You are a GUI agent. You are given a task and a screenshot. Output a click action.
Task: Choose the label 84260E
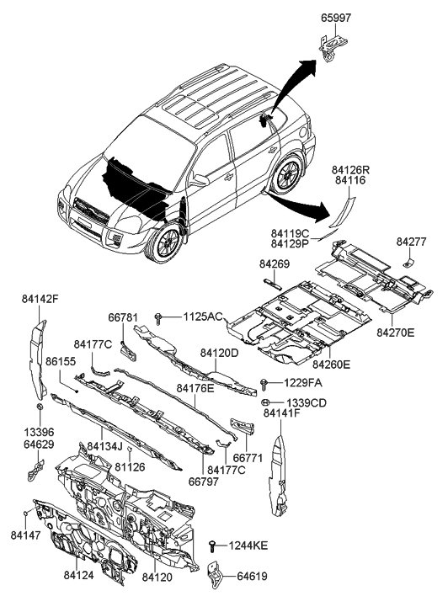(x=332, y=365)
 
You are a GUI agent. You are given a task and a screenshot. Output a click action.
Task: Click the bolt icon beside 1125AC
(x=158, y=317)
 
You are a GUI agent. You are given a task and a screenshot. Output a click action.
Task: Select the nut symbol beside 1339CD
(x=264, y=403)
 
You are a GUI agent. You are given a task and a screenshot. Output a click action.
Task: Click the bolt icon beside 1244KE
(x=214, y=546)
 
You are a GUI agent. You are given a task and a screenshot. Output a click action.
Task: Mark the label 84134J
(x=106, y=445)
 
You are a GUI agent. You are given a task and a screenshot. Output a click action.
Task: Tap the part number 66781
(x=122, y=317)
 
